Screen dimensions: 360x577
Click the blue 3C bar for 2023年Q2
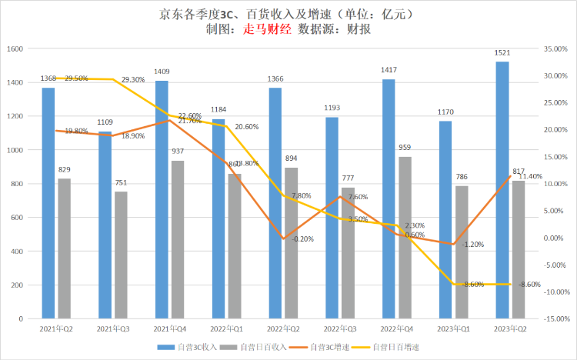(x=502, y=190)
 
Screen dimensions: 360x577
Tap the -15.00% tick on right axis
(x=555, y=318)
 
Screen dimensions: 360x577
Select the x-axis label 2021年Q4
(x=170, y=328)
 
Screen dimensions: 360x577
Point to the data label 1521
(x=502, y=53)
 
